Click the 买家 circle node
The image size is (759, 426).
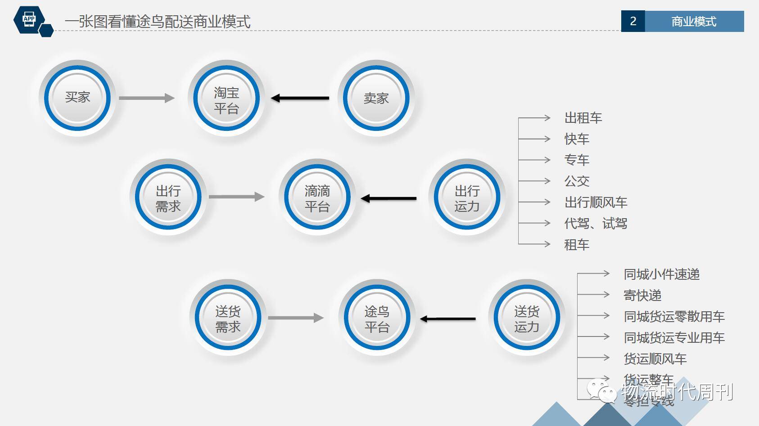pyautogui.click(x=77, y=98)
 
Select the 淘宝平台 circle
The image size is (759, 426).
pyautogui.click(x=226, y=99)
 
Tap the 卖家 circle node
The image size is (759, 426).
pyautogui.click(x=376, y=99)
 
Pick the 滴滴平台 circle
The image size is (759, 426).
pyautogui.click(x=317, y=197)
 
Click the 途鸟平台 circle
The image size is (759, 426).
pyautogui.click(x=377, y=318)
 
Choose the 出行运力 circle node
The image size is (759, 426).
pyautogui.click(x=467, y=197)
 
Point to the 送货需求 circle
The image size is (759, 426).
pyautogui.click(x=228, y=318)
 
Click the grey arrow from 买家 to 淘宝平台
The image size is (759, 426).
pyautogui.click(x=146, y=98)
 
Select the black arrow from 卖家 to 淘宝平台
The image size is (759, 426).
pyautogui.click(x=300, y=98)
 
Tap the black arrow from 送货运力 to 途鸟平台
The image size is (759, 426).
pyautogui.click(x=448, y=319)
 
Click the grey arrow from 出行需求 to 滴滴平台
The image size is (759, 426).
pyautogui.click(x=236, y=197)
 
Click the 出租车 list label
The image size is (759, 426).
pyautogui.click(x=583, y=118)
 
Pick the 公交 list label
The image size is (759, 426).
pyautogui.click(x=577, y=181)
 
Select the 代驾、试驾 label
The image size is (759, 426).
pyautogui.click(x=596, y=223)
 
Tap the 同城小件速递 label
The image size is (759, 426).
pyautogui.click(x=661, y=274)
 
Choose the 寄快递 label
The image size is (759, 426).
pyautogui.click(x=642, y=295)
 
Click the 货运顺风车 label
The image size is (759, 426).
pyautogui.click(x=655, y=359)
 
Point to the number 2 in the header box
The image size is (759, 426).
pyautogui.click(x=633, y=21)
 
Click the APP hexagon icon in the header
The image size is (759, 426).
pyautogui.click(x=29, y=19)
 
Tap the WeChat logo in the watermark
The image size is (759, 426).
pyautogui.click(x=601, y=390)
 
